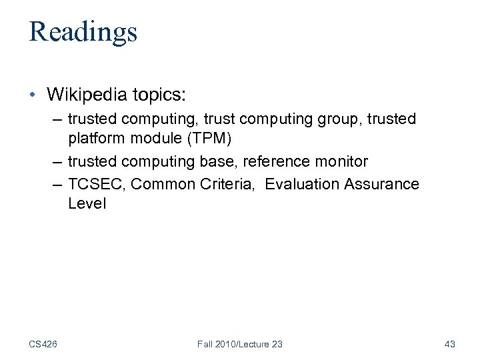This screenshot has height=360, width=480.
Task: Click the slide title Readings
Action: (83, 31)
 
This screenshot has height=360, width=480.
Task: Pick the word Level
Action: (86, 203)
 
